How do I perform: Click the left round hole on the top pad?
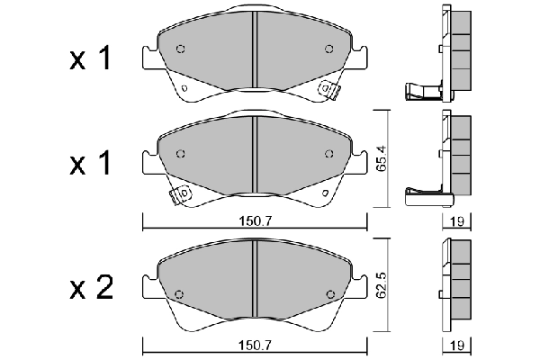click(x=180, y=49)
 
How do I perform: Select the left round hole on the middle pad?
click(x=180, y=153)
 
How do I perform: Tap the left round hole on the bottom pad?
click(x=179, y=292)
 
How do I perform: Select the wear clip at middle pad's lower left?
click(x=179, y=193)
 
